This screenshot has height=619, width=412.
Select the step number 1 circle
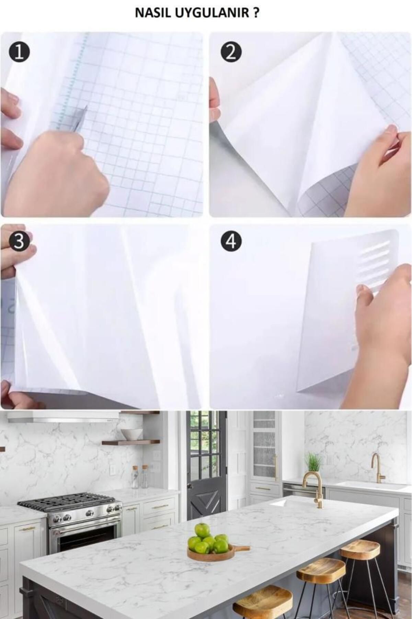click(19, 53)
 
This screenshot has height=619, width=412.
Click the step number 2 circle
click(231, 53)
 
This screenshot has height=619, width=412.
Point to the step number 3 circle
click(19, 242)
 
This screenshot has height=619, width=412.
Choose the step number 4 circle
click(231, 242)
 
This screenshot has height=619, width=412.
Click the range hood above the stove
click(64, 417)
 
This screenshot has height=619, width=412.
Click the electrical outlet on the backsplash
click(112, 469)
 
